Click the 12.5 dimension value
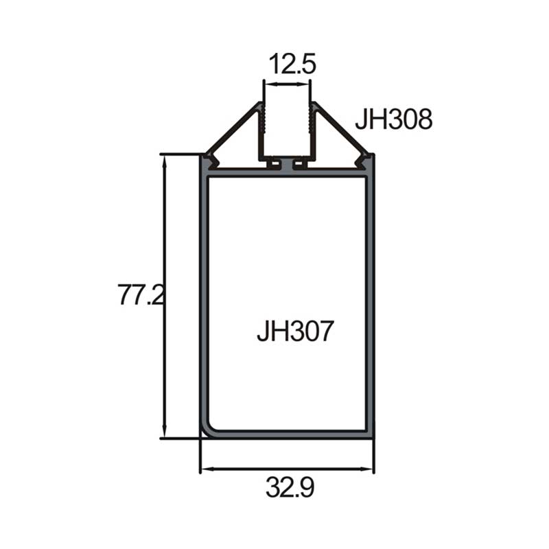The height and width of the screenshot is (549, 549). (x=292, y=64)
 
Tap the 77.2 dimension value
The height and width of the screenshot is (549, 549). (x=141, y=295)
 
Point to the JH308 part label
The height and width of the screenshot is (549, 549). (x=394, y=119)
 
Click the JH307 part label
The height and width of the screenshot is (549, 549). (x=295, y=331)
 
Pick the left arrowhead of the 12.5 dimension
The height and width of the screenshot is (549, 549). (x=270, y=84)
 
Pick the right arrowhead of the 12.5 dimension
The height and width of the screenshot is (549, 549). (x=304, y=84)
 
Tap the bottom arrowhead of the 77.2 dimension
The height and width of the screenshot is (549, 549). (x=164, y=432)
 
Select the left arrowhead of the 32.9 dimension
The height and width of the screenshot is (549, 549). (x=207, y=469)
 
